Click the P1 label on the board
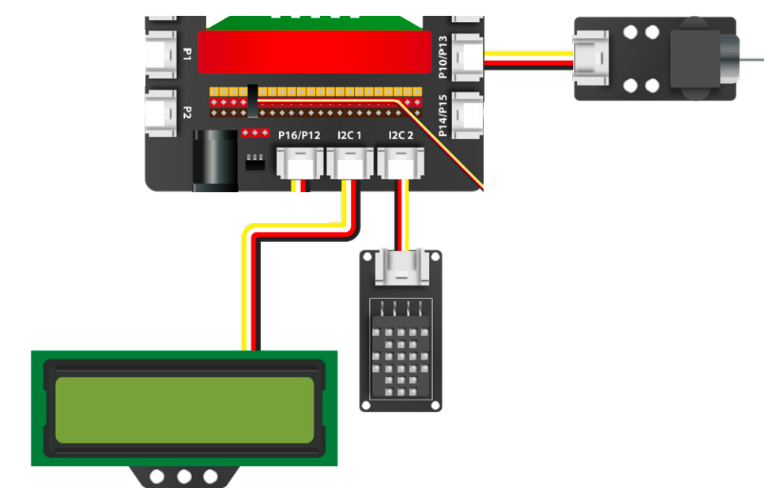(187, 54)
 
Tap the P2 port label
(187, 112)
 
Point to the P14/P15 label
(443, 116)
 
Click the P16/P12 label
(299, 136)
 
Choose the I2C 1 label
(349, 136)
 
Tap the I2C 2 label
(401, 136)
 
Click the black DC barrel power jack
(216, 161)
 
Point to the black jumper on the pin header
(253, 100)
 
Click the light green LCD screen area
(184, 409)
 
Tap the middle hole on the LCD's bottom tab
(184, 476)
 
